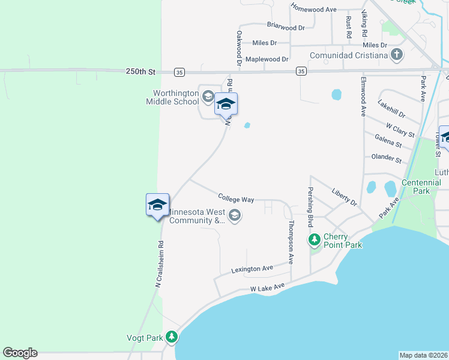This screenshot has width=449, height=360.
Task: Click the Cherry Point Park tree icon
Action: point(314,241)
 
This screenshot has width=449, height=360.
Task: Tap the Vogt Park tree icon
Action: point(172,338)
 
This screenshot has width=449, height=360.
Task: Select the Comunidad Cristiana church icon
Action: point(396,56)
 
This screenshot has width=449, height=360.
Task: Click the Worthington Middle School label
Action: point(175,97)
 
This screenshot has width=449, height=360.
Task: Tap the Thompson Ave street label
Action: point(291,242)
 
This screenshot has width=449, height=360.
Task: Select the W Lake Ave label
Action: point(267,289)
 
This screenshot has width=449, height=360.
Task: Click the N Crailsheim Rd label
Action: point(159,265)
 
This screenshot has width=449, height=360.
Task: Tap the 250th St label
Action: point(140,71)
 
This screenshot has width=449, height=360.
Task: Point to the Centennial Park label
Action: point(416,187)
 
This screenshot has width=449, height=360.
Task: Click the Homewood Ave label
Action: point(313,8)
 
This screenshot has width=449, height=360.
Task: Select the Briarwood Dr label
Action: point(286,27)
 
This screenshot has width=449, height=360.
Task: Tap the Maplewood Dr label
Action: point(267,59)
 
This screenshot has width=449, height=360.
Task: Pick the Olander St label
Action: point(387,159)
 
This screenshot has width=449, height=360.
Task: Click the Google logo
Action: point(20,353)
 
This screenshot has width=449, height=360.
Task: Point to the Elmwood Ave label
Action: point(363,96)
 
